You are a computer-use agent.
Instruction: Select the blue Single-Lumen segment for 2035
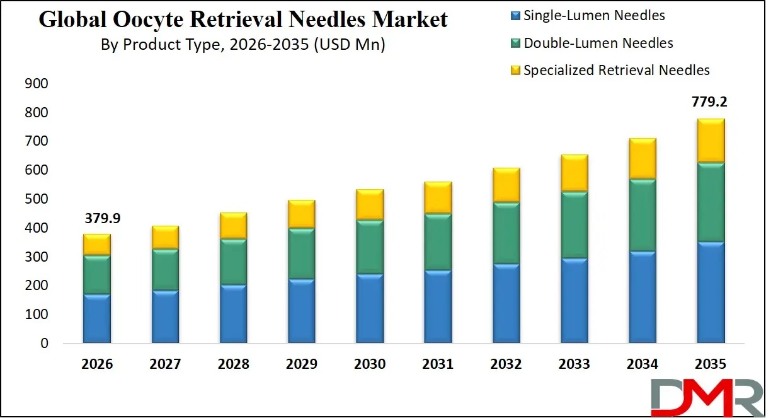click(x=711, y=292)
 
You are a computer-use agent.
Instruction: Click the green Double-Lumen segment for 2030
click(x=370, y=247)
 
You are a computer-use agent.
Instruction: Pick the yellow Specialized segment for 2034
click(x=643, y=158)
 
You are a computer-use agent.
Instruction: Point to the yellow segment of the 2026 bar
click(x=97, y=245)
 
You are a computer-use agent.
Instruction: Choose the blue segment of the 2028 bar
click(x=233, y=313)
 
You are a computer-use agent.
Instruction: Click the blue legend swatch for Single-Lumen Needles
click(x=515, y=16)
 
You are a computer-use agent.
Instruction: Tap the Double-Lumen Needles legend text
click(x=598, y=44)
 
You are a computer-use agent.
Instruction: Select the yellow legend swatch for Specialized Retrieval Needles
click(x=515, y=71)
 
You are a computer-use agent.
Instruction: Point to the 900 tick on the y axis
click(x=36, y=84)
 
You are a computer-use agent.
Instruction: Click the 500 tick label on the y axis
click(x=36, y=199)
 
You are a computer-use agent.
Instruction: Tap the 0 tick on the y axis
click(x=44, y=344)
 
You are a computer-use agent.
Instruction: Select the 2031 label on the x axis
click(x=438, y=364)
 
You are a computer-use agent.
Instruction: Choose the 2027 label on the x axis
click(x=165, y=364)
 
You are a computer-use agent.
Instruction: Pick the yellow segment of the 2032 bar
click(x=506, y=185)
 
